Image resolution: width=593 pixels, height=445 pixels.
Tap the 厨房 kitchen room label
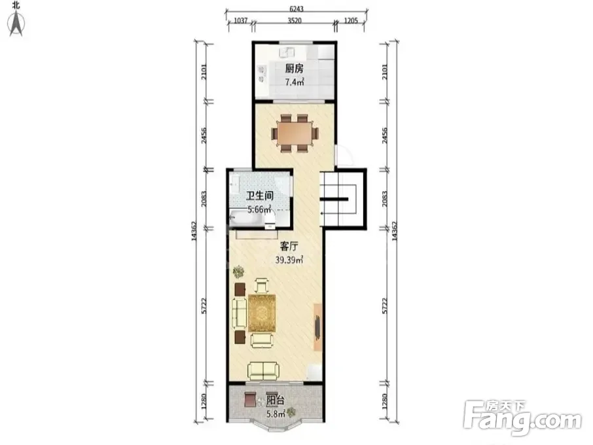294,69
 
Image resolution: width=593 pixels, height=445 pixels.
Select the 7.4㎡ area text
295,81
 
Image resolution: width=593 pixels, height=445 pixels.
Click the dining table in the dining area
295,133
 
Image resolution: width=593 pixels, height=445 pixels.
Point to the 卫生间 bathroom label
260,196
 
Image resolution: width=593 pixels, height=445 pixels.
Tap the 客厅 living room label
289,247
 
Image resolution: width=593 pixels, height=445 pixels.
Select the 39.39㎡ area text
289,259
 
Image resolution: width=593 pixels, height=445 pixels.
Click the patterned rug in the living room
262,313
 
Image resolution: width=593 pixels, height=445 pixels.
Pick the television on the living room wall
317,327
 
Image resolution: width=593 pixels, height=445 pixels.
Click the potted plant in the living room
239,272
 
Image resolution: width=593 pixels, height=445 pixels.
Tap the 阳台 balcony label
276,400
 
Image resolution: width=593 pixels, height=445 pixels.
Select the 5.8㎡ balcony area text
276,414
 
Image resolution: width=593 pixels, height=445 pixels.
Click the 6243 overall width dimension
296,9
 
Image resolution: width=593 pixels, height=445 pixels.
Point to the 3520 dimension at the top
295,20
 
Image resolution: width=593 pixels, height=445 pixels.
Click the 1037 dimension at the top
240,20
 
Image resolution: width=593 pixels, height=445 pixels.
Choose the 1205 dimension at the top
351,20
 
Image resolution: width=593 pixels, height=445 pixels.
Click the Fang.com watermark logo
522,417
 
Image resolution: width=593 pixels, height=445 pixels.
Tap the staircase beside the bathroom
338,198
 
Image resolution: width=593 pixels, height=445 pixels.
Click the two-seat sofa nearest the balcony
263,371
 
